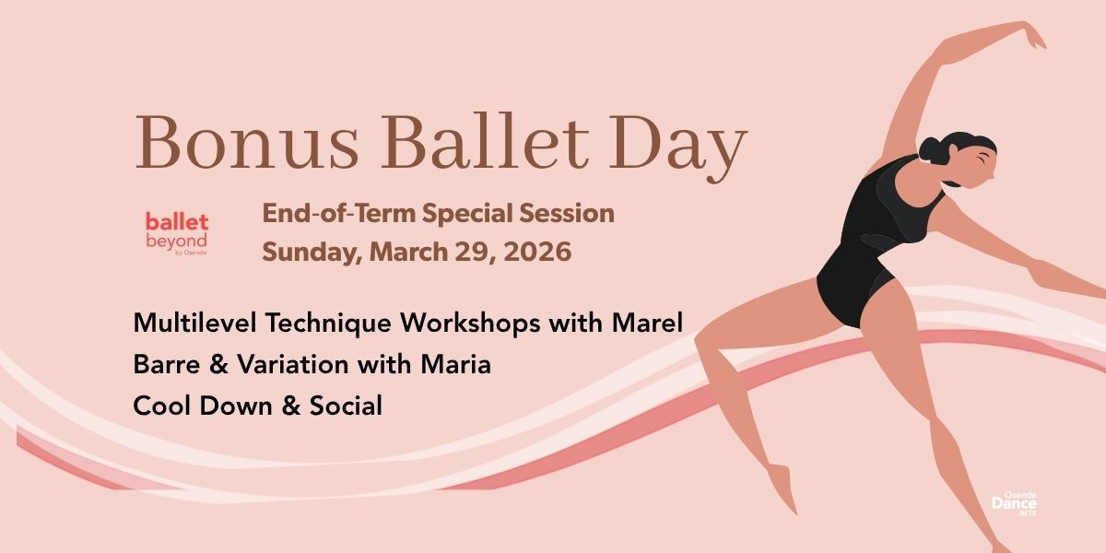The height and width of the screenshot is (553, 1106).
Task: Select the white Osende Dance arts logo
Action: (x=1014, y=503)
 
